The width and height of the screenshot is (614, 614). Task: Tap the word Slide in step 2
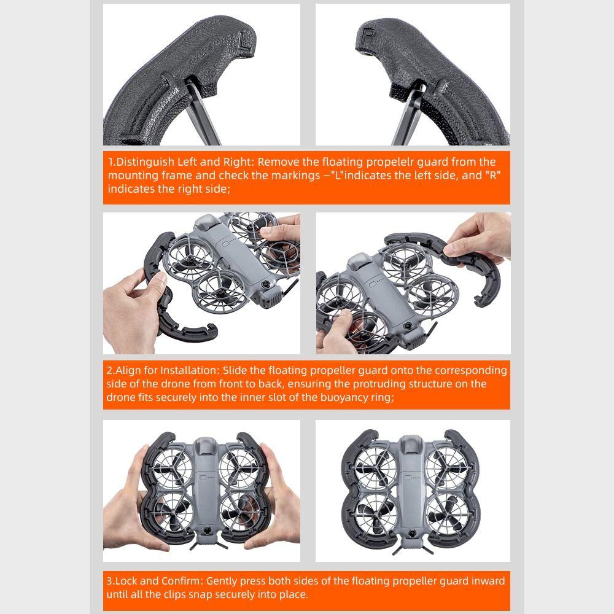[x=235, y=371]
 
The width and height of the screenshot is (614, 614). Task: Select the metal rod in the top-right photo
[x=411, y=117]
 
